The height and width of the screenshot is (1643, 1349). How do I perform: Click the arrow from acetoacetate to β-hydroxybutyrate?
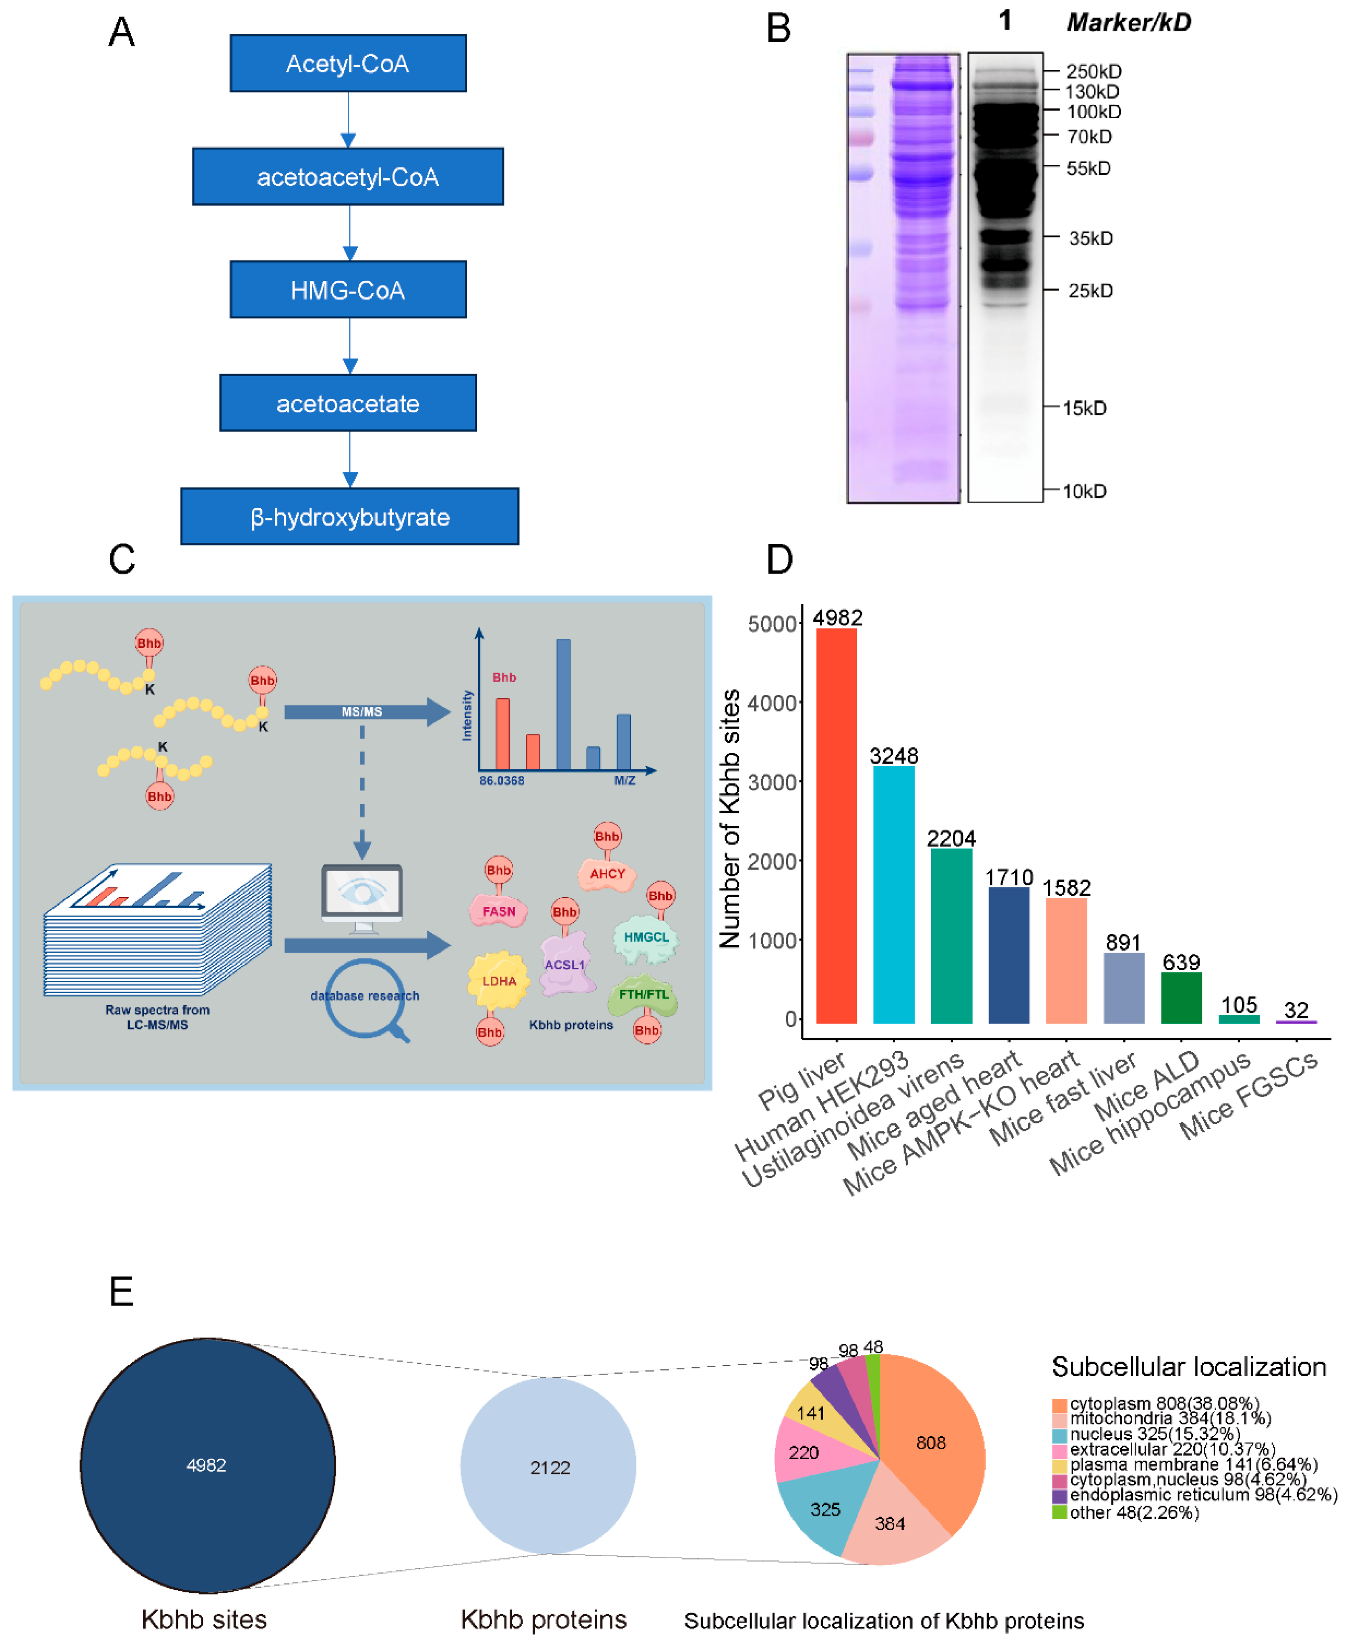click(x=350, y=459)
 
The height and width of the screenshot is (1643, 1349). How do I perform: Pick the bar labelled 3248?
click(x=894, y=894)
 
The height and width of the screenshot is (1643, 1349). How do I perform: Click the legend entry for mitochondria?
click(x=1169, y=1418)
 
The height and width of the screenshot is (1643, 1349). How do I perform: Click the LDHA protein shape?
click(x=498, y=981)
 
